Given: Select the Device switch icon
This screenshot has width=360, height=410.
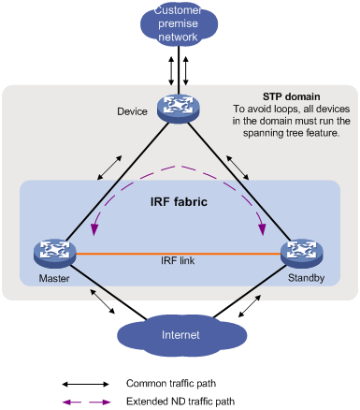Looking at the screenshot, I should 180,109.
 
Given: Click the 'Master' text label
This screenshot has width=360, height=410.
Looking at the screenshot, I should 48,277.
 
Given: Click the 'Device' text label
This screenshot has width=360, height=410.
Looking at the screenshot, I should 133,111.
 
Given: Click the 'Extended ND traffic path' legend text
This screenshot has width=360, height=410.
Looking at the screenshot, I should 179,401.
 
